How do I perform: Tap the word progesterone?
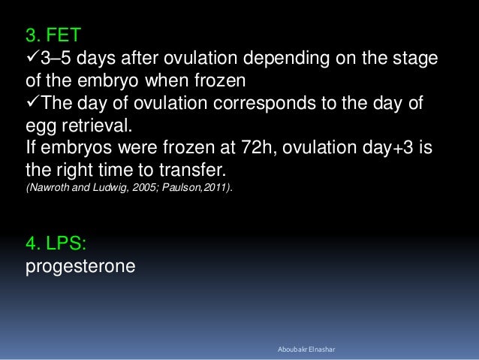[80, 267]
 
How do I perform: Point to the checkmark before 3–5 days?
[33, 56]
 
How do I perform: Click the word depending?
[287, 59]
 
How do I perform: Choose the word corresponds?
[264, 104]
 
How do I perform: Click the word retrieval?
[97, 125]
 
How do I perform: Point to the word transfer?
[192, 170]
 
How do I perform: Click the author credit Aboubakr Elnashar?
[306, 349]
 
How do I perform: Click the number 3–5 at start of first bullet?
[56, 58]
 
